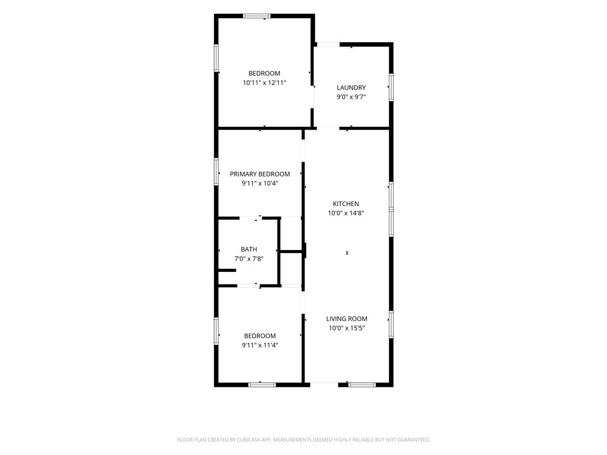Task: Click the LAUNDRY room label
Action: (351, 88)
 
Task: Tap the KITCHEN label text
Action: (346, 204)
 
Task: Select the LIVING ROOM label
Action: (346, 319)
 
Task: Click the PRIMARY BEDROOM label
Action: (260, 174)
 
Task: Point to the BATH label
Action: (248, 249)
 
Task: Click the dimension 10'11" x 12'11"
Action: (264, 82)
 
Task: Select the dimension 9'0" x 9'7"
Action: (351, 97)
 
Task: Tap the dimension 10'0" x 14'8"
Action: (346, 213)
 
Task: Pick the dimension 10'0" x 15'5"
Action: (347, 328)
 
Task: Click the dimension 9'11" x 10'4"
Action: (260, 184)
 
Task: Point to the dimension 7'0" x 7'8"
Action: (249, 259)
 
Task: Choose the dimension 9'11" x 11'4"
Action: (260, 345)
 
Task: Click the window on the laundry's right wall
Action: (391, 88)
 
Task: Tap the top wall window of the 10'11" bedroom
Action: (257, 16)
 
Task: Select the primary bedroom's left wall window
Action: (216, 172)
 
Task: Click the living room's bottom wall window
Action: (362, 384)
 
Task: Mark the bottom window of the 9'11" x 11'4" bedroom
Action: (262, 384)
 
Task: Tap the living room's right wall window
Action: (391, 325)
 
